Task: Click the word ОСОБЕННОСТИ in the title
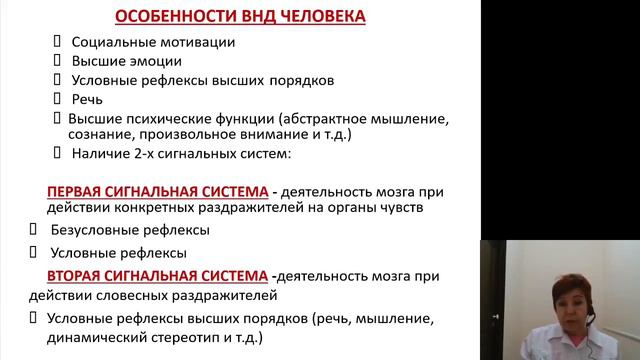coord(167,18)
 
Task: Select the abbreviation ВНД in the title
coord(252,18)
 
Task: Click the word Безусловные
coord(95,231)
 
